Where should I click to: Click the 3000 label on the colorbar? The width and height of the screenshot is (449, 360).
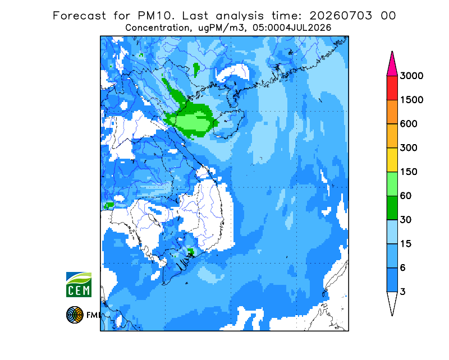click(x=411, y=76)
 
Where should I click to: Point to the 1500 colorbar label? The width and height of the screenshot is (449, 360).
click(x=411, y=100)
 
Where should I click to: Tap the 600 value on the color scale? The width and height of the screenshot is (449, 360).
click(x=409, y=124)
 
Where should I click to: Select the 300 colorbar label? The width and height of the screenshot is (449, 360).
click(x=409, y=148)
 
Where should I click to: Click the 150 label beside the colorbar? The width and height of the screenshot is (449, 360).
click(x=409, y=172)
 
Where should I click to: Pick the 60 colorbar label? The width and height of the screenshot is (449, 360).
click(x=406, y=196)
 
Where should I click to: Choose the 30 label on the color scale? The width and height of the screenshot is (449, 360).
click(x=406, y=220)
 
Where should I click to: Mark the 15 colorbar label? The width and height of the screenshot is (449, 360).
click(x=406, y=244)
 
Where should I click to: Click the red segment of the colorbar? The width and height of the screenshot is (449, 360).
click(x=392, y=88)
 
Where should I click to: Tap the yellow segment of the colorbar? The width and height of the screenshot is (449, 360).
click(x=392, y=160)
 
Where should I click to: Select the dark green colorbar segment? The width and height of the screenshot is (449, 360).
click(x=392, y=208)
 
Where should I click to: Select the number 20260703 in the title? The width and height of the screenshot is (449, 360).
click(x=341, y=16)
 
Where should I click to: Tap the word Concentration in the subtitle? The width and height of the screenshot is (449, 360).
click(x=157, y=28)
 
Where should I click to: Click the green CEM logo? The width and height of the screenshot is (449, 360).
click(x=79, y=284)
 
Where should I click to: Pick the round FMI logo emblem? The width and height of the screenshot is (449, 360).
click(x=75, y=315)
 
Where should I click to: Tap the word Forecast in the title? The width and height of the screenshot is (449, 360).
click(x=79, y=16)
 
